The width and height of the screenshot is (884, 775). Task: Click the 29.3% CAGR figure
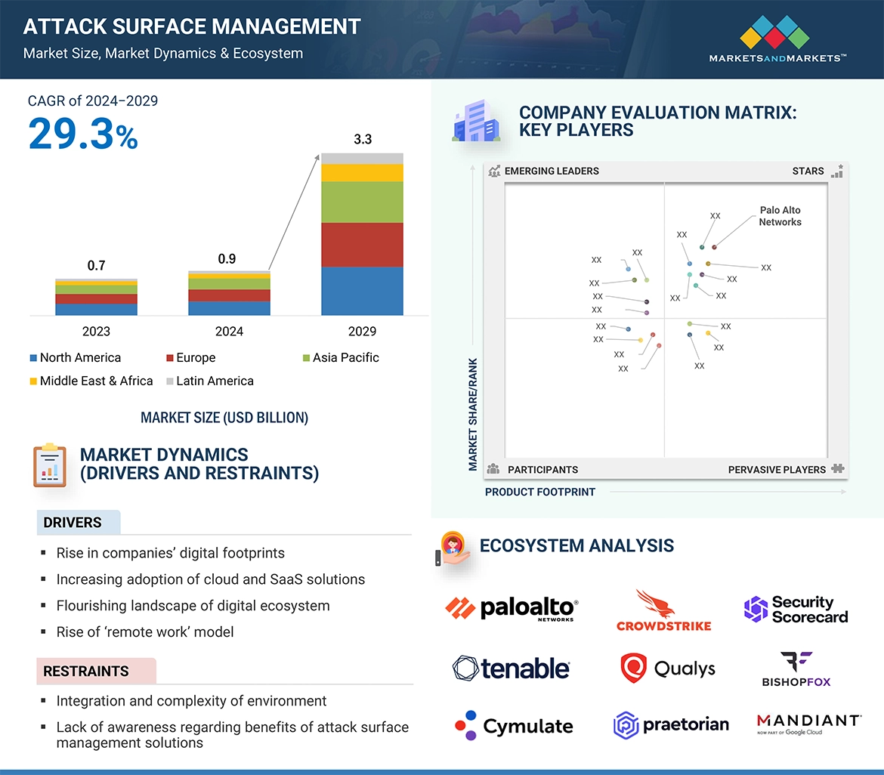pyautogui.click(x=83, y=134)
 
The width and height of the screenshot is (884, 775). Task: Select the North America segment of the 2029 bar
pyautogui.click(x=362, y=291)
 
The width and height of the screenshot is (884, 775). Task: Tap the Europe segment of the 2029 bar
pyautogui.click(x=362, y=245)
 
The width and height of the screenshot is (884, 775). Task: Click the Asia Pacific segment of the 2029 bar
pyautogui.click(x=362, y=202)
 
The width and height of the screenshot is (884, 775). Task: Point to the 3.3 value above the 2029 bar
pyautogui.click(x=363, y=140)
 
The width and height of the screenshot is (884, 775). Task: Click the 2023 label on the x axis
pyautogui.click(x=96, y=331)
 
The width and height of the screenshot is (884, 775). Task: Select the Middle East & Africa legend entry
pyautogui.click(x=91, y=381)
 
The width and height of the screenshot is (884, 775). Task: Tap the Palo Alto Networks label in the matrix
pyautogui.click(x=780, y=216)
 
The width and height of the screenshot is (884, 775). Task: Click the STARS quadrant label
pyautogui.click(x=808, y=171)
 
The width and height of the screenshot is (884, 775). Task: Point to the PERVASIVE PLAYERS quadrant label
pyautogui.click(x=777, y=470)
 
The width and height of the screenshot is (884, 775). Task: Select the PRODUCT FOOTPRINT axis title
pyautogui.click(x=540, y=492)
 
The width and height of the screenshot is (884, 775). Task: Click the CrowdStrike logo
pyautogui.click(x=663, y=610)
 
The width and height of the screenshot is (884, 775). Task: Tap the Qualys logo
pyautogui.click(x=667, y=668)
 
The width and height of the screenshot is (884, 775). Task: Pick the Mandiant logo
pyautogui.click(x=808, y=724)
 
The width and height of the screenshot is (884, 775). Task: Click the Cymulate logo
pyautogui.click(x=514, y=726)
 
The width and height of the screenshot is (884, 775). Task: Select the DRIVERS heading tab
pyautogui.click(x=73, y=523)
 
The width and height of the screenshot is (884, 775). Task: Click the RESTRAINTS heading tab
pyautogui.click(x=86, y=671)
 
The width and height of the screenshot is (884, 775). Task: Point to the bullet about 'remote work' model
pyautogui.click(x=145, y=632)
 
